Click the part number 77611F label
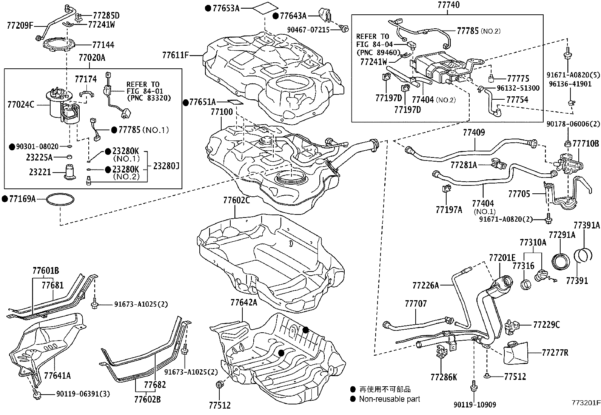coord(175,55)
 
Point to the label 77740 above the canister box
coord(448,5)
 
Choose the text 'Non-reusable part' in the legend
coord(389,399)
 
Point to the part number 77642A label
coord(244,302)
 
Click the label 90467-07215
coord(309,29)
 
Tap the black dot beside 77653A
coord(208,8)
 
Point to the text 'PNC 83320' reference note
coord(149,98)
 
